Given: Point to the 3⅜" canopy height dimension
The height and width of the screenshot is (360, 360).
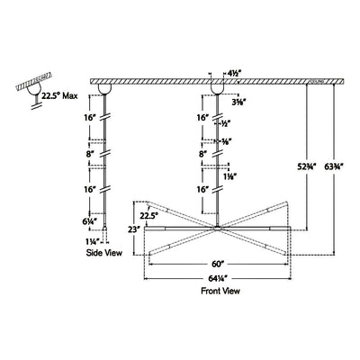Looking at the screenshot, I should [x=240, y=103].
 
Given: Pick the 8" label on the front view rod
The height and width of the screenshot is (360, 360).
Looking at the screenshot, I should [x=202, y=155].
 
